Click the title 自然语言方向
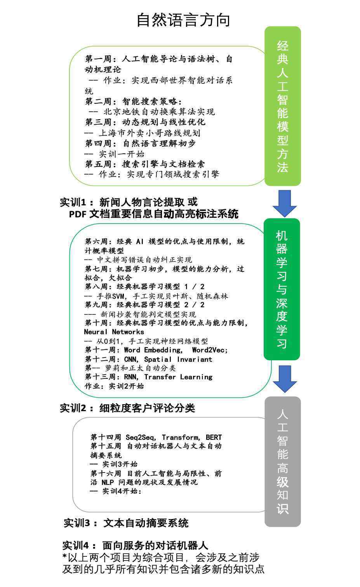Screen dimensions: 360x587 (x=183, y=20)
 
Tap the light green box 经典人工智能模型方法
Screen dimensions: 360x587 (x=283, y=106)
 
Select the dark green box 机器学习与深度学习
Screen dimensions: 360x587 (x=282, y=289)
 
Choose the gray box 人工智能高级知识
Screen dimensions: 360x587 (x=283, y=462)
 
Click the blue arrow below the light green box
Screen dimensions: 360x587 (x=285, y=203)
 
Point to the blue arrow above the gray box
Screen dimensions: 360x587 (x=285, y=379)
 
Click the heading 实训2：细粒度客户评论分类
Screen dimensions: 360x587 (x=127, y=408)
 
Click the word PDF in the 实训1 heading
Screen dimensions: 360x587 (x=78, y=214)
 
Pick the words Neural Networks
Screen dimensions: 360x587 (x=114, y=332)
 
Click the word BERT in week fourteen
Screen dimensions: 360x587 (x=214, y=437)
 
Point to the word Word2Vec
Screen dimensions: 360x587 (x=210, y=350)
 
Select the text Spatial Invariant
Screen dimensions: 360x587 (x=178, y=359)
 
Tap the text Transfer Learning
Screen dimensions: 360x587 (x=178, y=377)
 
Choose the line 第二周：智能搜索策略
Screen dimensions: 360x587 (x=134, y=101)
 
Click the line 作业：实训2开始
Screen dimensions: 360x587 (x=114, y=386)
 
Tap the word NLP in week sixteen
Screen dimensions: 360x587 (x=108, y=482)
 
